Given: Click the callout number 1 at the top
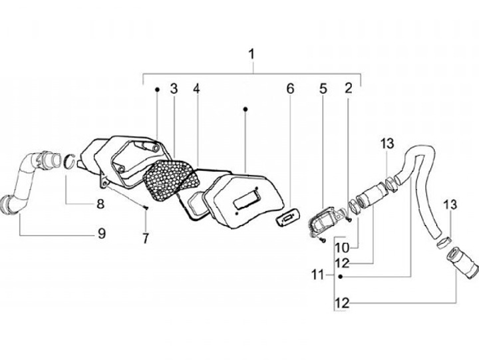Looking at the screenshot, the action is (252, 53).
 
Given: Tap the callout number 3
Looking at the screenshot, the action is (174, 89).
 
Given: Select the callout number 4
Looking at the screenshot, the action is (197, 89).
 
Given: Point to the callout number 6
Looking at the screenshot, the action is (290, 89).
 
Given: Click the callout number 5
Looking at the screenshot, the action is (323, 89).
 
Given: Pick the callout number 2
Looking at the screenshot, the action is (348, 89).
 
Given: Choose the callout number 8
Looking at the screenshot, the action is (100, 204).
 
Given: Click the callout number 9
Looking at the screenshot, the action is (100, 233).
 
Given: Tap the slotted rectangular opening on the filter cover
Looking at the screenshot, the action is (247, 196).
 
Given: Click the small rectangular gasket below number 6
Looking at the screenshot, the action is (287, 218).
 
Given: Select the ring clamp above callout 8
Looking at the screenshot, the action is (69, 161).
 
